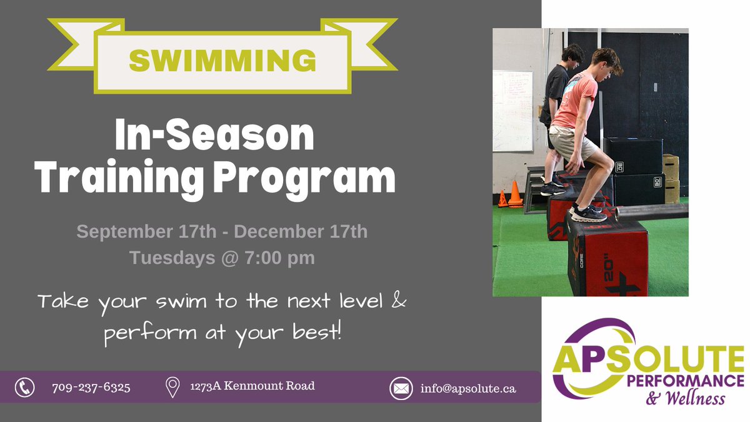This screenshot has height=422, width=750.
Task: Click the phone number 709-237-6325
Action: (91, 388)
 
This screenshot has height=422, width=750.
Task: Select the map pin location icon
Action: (172, 388)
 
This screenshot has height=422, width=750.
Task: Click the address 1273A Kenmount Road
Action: (252, 386)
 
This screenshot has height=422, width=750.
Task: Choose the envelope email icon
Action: (401, 388)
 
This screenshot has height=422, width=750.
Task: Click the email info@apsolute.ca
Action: (468, 388)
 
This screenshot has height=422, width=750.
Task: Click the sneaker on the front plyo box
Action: (588, 213)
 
